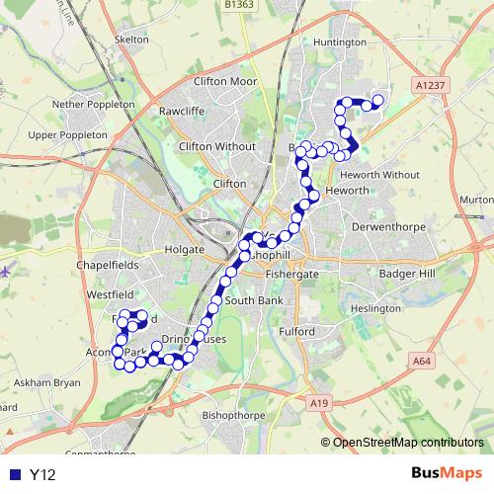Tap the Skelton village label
click(131, 39)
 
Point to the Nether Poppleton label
click(93, 103)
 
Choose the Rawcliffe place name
click(182, 111)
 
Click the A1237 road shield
click(430, 86)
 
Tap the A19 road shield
click(316, 402)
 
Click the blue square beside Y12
click(15, 474)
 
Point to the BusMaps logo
click(447, 473)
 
